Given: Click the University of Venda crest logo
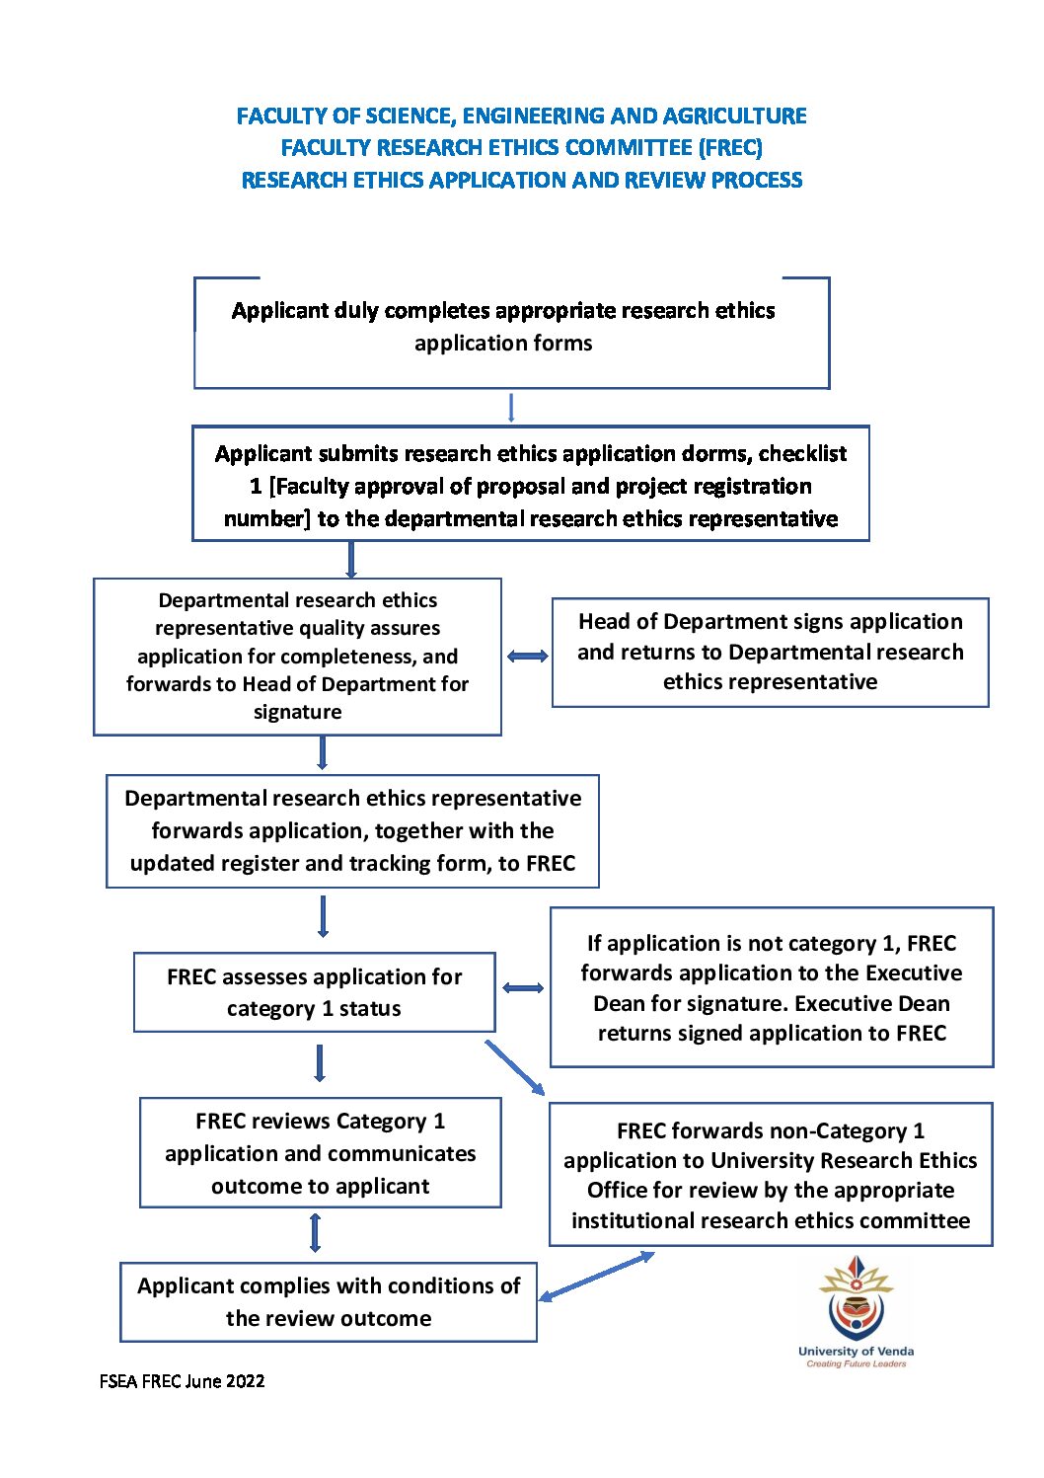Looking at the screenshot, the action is (856, 1296).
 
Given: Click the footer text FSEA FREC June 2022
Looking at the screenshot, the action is (182, 1381).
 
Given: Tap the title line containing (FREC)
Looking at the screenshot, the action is (522, 147).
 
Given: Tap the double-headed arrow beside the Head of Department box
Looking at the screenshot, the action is (527, 656).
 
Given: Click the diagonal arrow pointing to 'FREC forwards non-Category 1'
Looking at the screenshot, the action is (515, 1067).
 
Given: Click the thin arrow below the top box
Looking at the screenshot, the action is (511, 408).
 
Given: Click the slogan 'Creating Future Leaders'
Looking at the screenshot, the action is (857, 1363).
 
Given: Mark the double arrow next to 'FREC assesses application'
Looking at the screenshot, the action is (523, 987).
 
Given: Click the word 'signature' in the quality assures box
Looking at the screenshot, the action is (297, 711).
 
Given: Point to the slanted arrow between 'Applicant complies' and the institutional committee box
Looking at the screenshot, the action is (597, 1276).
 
